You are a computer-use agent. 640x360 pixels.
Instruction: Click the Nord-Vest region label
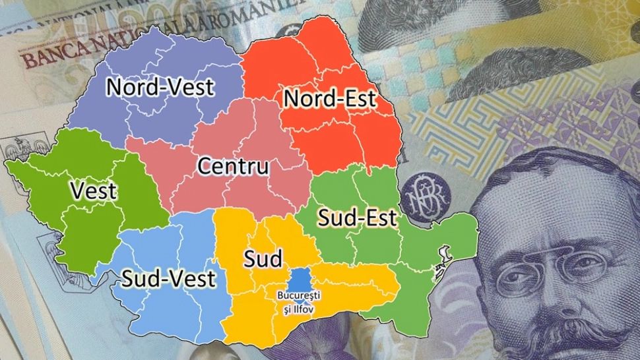[x=161, y=86]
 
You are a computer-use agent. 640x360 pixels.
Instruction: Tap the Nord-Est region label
[x=329, y=100]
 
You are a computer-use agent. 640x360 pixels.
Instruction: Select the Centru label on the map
[x=234, y=166]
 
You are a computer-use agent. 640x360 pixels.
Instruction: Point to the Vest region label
[x=93, y=191]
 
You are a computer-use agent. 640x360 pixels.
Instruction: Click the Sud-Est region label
[x=357, y=218]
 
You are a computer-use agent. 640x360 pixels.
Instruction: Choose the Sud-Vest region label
[x=168, y=278]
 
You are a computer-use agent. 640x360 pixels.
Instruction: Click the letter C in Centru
[x=205, y=166]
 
